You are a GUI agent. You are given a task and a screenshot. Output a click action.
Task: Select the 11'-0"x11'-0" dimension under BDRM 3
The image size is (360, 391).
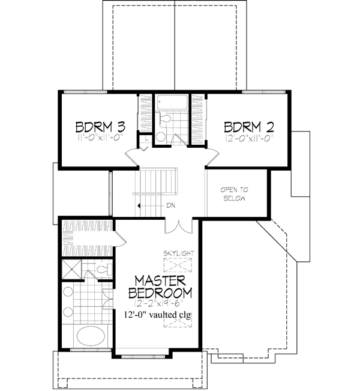100,138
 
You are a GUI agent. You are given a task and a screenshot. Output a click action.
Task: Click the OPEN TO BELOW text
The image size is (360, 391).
235,194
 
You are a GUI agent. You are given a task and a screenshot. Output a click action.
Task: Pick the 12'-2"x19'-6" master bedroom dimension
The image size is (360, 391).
160,304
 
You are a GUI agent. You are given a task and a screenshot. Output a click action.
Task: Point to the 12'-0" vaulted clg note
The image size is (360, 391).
160,315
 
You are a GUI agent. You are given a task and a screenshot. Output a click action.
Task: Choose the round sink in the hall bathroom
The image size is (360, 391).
160,137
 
